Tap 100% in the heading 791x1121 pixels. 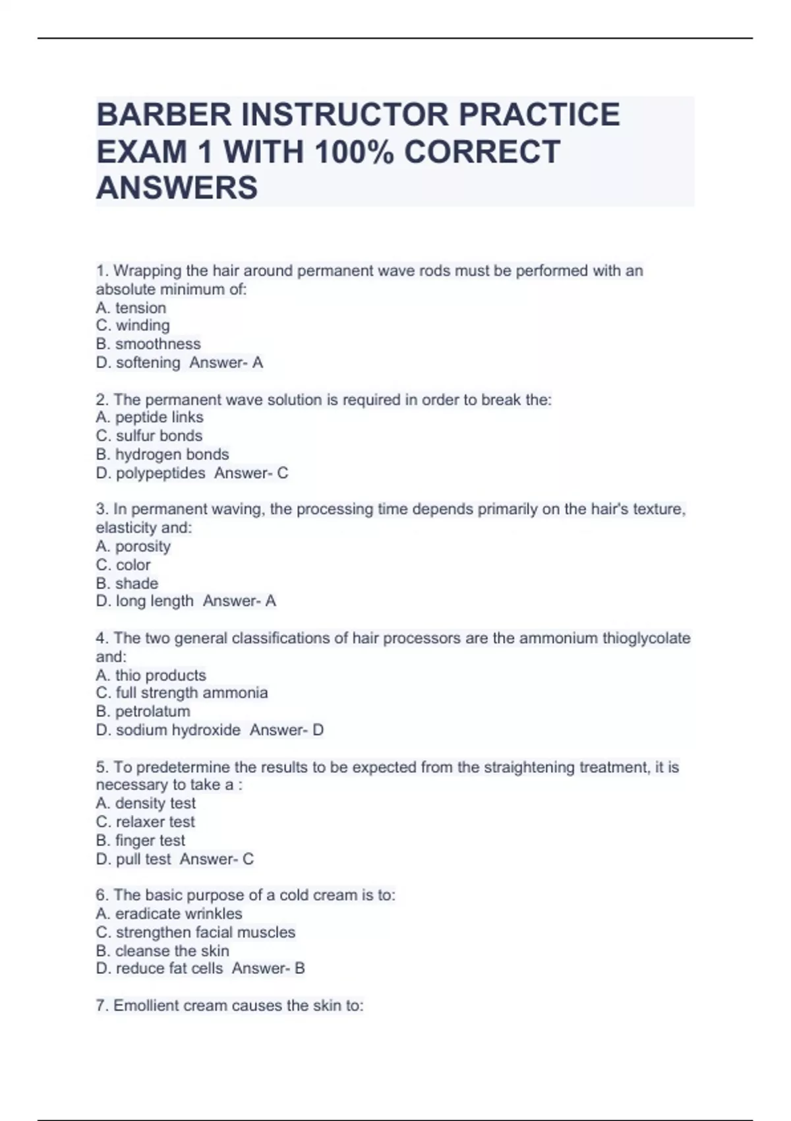click(x=354, y=152)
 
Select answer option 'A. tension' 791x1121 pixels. click(x=131, y=308)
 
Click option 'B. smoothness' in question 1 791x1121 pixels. click(x=148, y=344)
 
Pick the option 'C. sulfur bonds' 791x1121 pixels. click(x=149, y=436)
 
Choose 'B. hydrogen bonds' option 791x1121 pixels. click(x=162, y=454)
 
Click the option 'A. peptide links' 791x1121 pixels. click(x=150, y=417)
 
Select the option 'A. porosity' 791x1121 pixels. click(x=133, y=546)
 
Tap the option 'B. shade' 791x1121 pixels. click(x=127, y=584)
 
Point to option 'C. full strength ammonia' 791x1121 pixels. click(x=182, y=693)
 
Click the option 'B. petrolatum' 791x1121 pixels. click(x=143, y=712)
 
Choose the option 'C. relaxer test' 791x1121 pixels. click(x=146, y=822)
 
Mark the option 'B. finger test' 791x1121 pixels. click(x=140, y=841)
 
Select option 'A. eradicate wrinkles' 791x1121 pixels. click(x=169, y=914)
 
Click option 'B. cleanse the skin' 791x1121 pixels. click(x=163, y=951)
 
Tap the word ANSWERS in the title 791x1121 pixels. click(x=177, y=188)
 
